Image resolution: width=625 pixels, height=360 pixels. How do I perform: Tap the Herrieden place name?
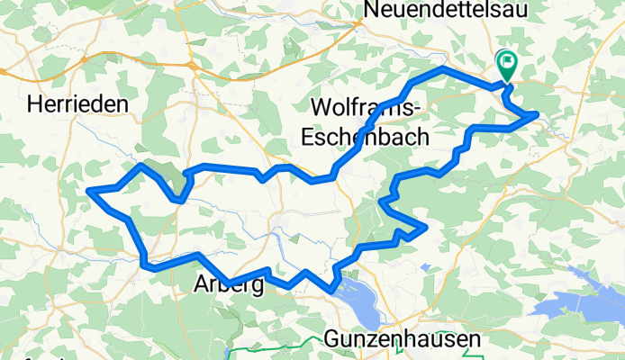point(77,104)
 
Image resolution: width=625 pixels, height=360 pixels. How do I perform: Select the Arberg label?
point(228,286)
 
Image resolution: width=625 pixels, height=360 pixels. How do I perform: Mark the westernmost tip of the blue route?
point(88,191)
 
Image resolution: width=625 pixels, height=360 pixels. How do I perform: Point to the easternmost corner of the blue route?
point(538,114)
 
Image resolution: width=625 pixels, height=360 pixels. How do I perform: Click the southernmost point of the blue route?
point(332,291)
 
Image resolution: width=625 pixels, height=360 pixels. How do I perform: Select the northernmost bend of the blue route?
point(443,68)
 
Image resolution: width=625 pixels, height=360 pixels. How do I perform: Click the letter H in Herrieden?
point(34,104)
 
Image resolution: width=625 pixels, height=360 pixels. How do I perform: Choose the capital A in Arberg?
point(201,286)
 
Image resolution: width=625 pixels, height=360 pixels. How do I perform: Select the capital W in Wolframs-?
point(320,107)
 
